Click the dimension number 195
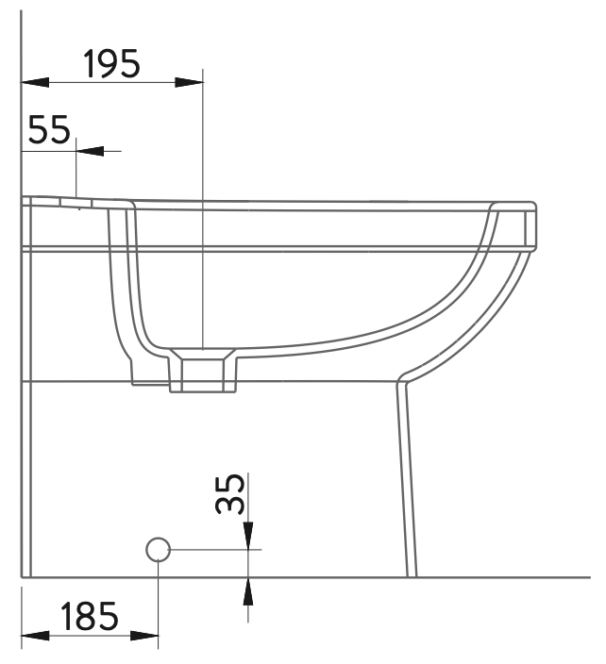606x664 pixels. [x=111, y=63]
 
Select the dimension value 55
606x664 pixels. [x=49, y=129]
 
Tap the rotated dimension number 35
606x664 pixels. [x=230, y=494]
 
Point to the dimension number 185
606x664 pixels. [x=89, y=615]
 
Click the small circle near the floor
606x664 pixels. [x=158, y=550]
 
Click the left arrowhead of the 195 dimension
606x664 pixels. [x=35, y=83]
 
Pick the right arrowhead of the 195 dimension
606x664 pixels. [x=189, y=83]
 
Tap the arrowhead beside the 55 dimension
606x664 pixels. [x=90, y=151]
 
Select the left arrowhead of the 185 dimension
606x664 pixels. [x=35, y=636]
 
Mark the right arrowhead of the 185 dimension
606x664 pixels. [x=144, y=636]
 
